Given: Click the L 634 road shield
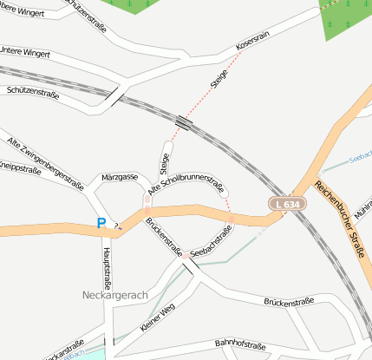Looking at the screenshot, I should pos(286,204).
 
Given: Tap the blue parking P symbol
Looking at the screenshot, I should pos(101,224).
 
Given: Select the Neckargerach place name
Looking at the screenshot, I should pos(115,295).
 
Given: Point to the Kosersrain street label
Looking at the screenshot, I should pos(251,41).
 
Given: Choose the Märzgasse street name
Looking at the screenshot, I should pos(120,177).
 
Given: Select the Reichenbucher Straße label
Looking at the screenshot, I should pos(338,219).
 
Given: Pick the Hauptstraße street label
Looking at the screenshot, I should pos(108,265).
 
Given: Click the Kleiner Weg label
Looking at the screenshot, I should pos(157,318).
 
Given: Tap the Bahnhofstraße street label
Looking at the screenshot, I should pos(240,344).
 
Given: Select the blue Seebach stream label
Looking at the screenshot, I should pos(360,158).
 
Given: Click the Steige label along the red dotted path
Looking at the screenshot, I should pos(218,79).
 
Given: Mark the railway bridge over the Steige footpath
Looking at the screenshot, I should pos(183,122).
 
